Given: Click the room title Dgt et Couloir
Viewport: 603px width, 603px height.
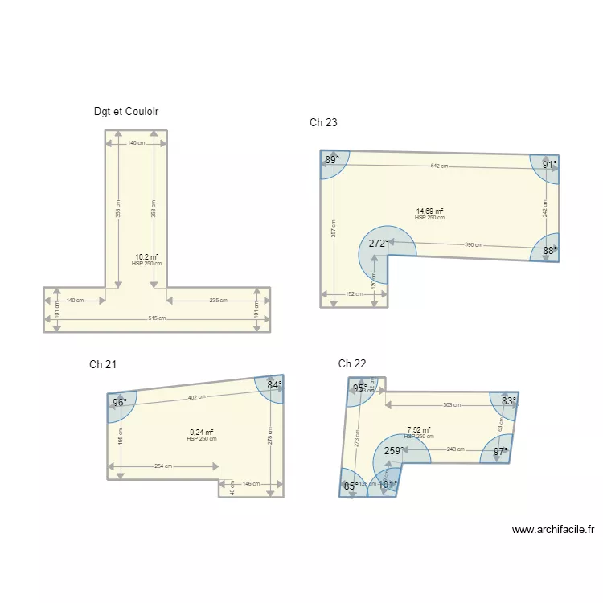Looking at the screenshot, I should (131, 112).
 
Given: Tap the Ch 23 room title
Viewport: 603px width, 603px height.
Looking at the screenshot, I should (323, 123).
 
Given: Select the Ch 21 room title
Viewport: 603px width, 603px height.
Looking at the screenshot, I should (103, 365).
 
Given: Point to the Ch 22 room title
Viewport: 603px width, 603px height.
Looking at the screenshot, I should (352, 364).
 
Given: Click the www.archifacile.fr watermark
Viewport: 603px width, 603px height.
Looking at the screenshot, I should (552, 530).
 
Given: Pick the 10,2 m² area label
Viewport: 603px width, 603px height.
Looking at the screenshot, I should (146, 257).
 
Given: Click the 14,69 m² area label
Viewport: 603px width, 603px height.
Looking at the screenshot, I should (429, 211).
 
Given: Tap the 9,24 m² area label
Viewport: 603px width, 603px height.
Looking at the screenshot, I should (201, 433).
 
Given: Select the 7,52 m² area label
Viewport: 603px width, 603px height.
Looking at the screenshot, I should (418, 430).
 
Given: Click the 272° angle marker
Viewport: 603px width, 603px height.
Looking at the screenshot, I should (379, 243).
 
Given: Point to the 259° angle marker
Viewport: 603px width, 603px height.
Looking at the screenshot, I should (393, 451).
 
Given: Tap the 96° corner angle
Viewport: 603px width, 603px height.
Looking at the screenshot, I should (119, 402).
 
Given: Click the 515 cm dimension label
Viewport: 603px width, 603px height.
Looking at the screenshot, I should (156, 318).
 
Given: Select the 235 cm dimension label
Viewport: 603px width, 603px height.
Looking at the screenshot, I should (217, 301).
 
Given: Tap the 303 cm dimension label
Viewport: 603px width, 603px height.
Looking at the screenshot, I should (452, 405).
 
